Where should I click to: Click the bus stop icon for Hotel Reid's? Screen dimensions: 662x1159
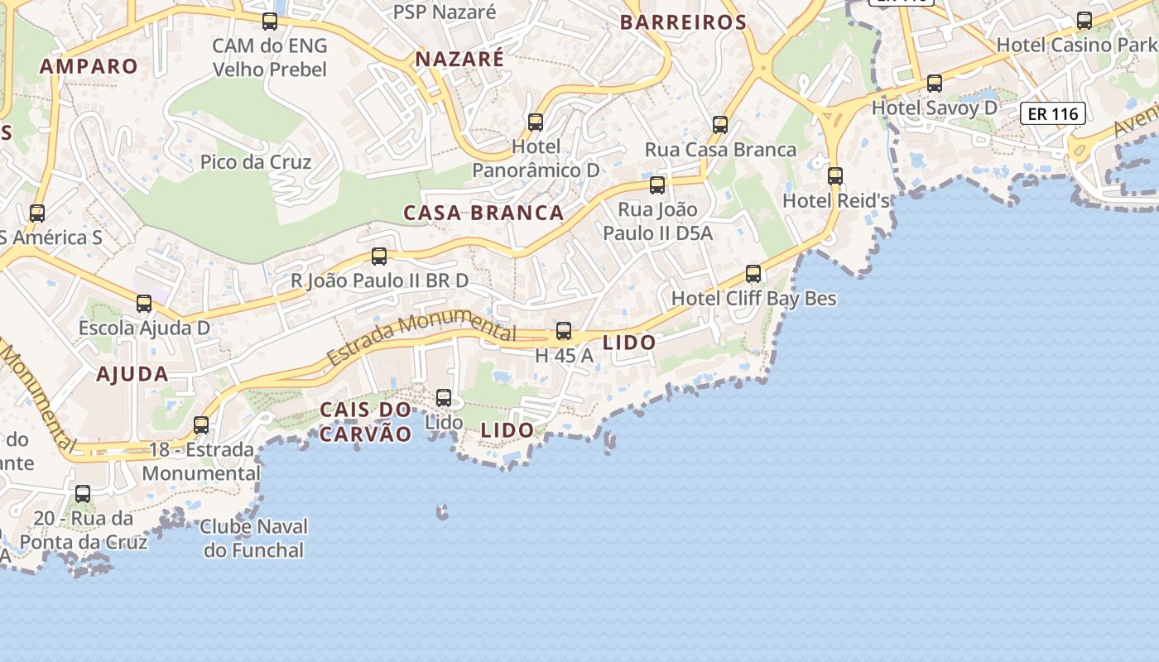click(835, 175)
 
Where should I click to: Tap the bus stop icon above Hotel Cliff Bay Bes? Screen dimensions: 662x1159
click(753, 273)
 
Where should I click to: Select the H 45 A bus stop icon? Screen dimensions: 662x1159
click(564, 331)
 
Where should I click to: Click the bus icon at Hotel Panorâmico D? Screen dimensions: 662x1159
click(536, 122)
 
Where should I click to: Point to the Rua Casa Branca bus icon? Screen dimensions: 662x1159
click(720, 125)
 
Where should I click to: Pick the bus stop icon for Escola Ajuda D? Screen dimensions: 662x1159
click(144, 304)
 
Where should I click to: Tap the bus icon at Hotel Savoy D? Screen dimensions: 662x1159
click(935, 83)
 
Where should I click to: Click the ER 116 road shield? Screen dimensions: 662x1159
click(1052, 113)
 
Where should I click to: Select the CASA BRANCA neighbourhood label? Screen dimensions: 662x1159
click(483, 213)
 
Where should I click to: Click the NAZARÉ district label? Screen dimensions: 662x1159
click(459, 59)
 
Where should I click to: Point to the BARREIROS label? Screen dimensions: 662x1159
click(684, 22)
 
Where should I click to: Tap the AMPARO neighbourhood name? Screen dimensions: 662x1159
click(89, 66)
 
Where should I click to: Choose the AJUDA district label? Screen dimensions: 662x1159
click(132, 374)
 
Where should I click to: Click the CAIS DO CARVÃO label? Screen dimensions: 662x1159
click(365, 421)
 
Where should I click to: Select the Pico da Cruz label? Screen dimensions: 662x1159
click(256, 161)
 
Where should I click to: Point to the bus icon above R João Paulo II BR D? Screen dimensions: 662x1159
click(379, 257)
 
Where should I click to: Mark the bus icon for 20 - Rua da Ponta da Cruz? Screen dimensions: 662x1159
click(83, 494)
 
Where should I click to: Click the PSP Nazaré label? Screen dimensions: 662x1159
click(445, 12)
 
